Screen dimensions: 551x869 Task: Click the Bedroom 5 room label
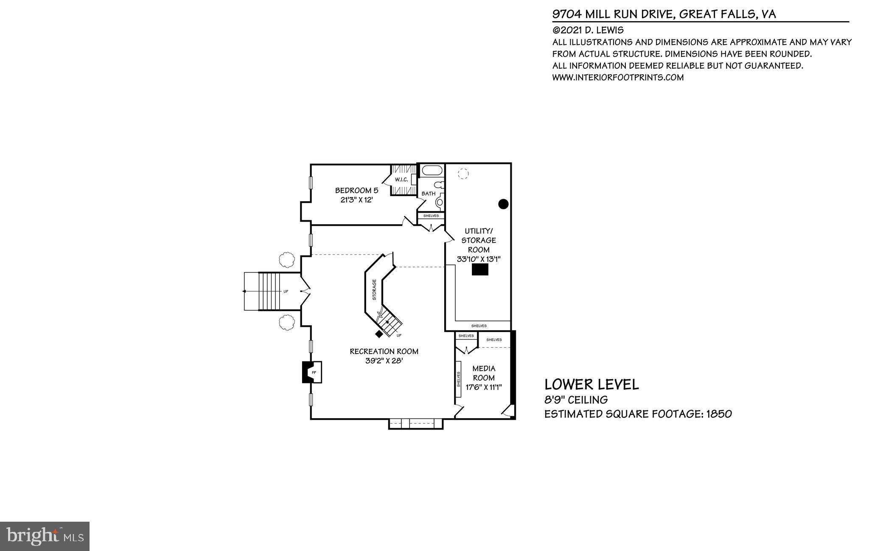pos(356,191)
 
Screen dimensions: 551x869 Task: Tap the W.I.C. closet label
pos(401,180)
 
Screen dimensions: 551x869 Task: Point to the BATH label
pos(428,194)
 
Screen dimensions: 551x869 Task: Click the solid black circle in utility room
pos(503,204)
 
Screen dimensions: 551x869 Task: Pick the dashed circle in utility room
pos(463,174)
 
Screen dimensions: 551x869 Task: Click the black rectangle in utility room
pos(480,270)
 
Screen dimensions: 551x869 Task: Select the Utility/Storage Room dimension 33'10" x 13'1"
pos(479,259)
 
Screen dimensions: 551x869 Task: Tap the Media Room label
pos(484,373)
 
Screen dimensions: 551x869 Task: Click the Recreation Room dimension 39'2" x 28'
pos(384,361)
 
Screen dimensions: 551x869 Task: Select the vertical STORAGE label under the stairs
pos(374,290)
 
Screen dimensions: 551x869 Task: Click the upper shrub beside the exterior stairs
pos(287,259)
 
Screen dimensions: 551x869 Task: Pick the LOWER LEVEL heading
pos(591,385)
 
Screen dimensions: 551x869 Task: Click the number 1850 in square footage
pos(719,414)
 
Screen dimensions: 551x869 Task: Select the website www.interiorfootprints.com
pos(618,78)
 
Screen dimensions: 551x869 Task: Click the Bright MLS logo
pos(45,537)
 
